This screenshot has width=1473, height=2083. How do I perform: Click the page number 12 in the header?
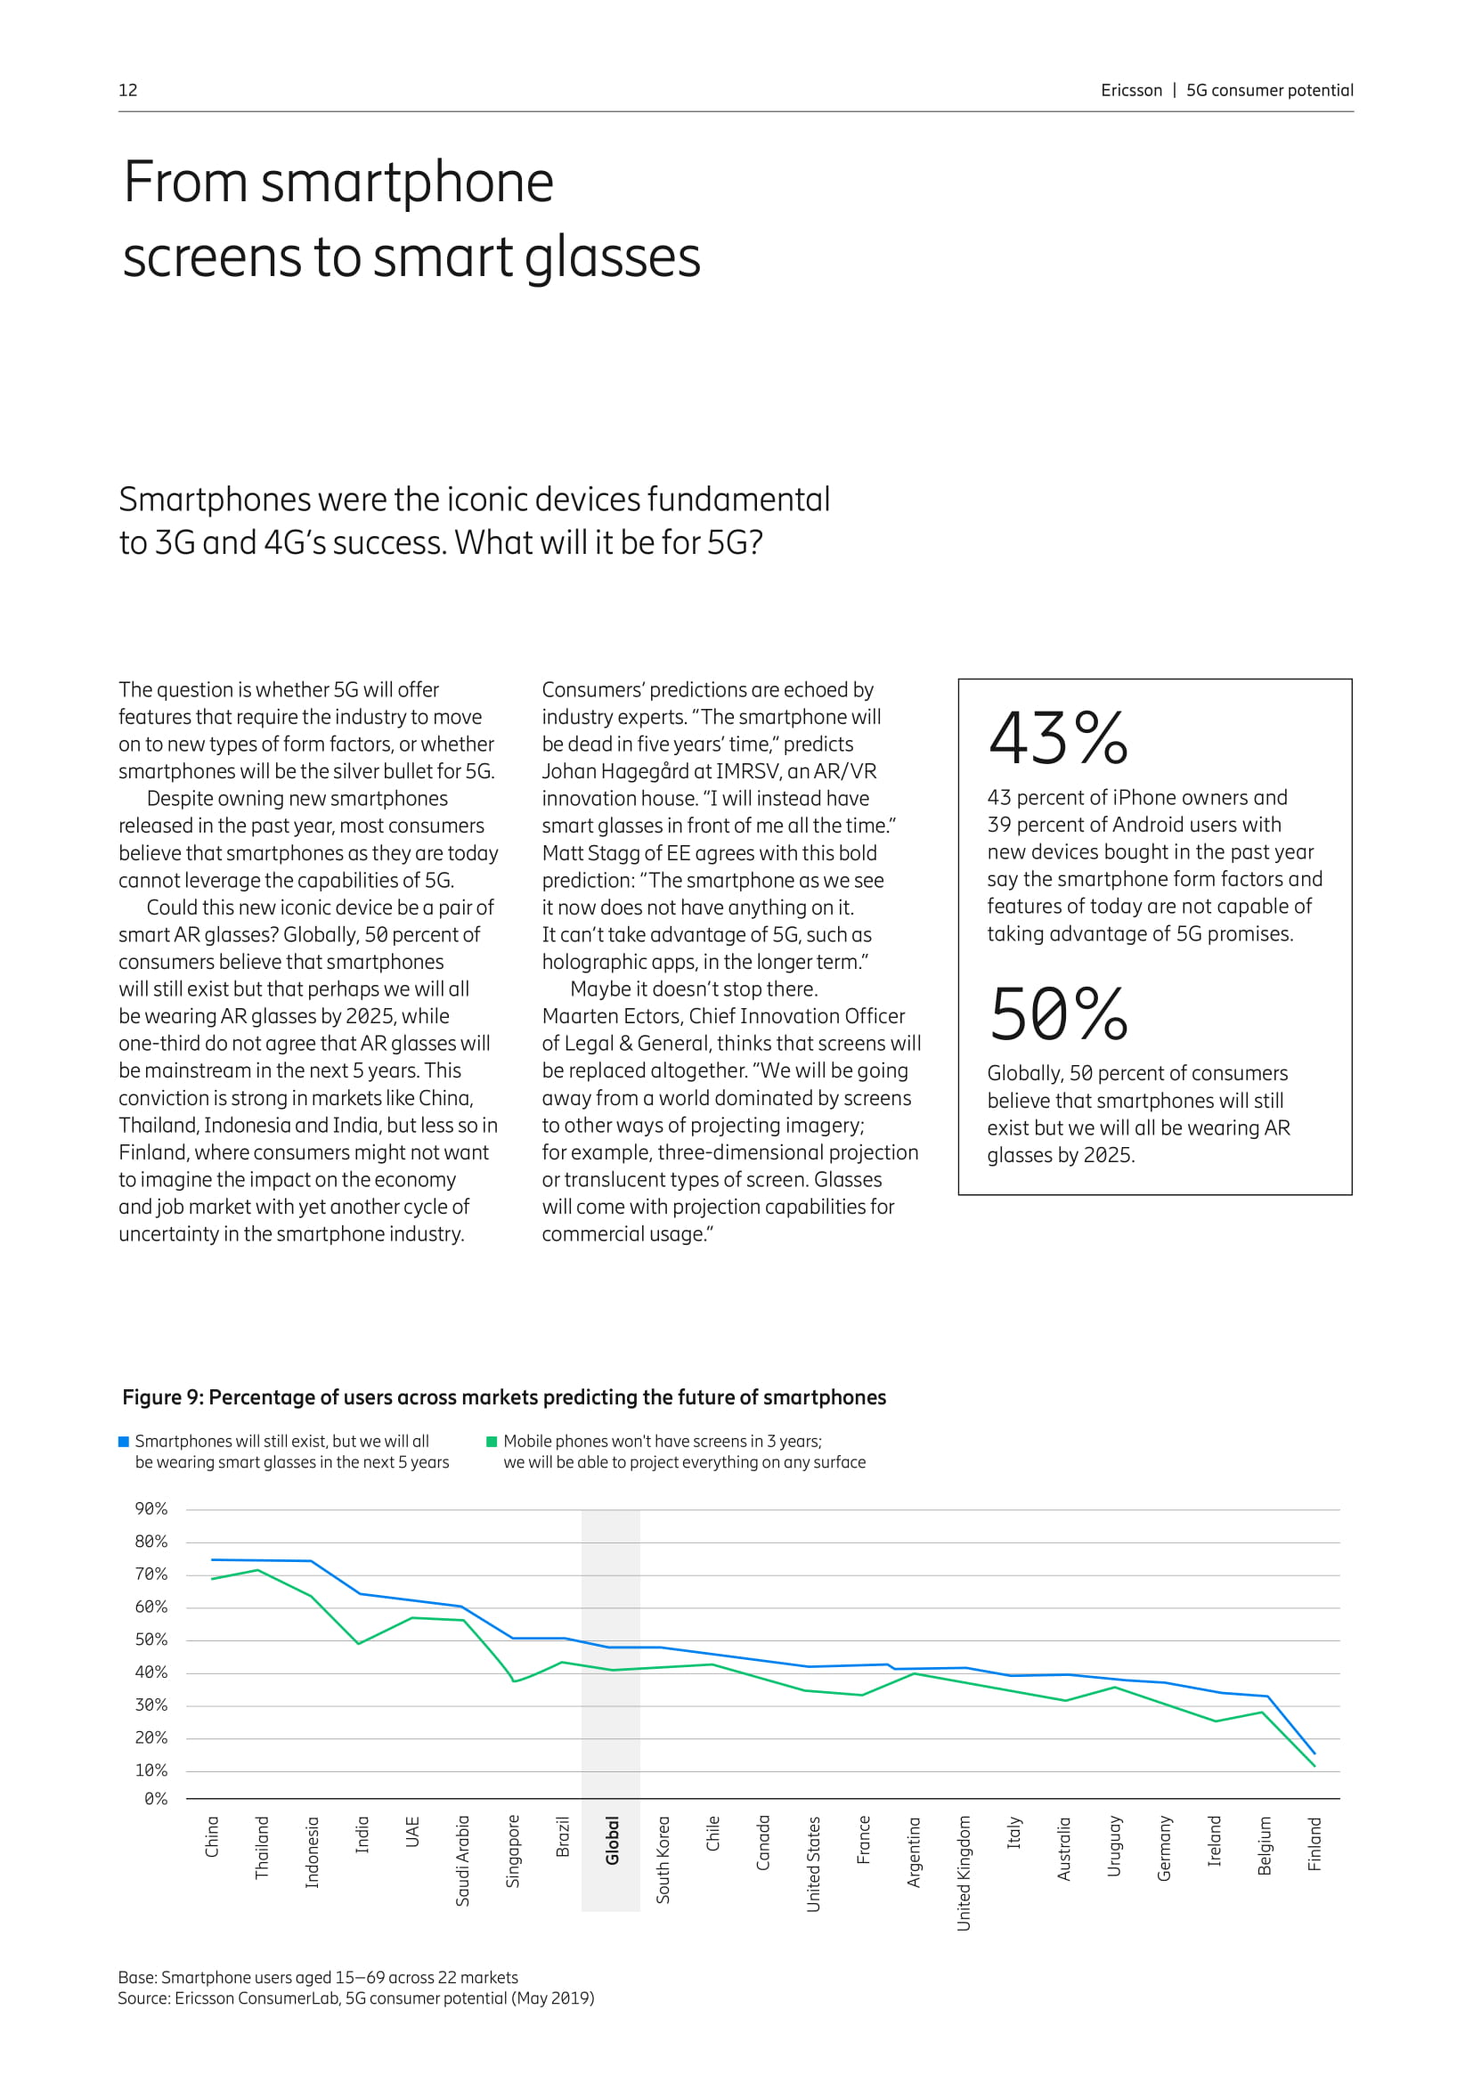128,90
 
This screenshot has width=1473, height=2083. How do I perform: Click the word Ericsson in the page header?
1130,90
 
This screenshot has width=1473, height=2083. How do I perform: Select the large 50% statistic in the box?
1058,1014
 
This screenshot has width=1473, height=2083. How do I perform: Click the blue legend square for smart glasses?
125,1442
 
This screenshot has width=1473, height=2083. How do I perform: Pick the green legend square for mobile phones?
492,1442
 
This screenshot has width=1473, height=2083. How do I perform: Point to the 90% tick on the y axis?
151,1509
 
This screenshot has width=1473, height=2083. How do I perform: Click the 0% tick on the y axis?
155,1798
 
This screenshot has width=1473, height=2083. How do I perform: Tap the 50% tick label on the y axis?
151,1640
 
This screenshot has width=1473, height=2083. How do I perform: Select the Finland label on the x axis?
1314,1843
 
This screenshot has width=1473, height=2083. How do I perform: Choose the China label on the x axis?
212,1836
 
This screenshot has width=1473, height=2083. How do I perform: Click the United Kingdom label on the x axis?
964,1873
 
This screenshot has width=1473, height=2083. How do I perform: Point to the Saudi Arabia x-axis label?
462,1859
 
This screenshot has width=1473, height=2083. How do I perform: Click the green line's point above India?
359,1643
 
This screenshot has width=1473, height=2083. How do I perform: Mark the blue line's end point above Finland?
1314,1753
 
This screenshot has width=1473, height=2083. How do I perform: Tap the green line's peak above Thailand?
259,1570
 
